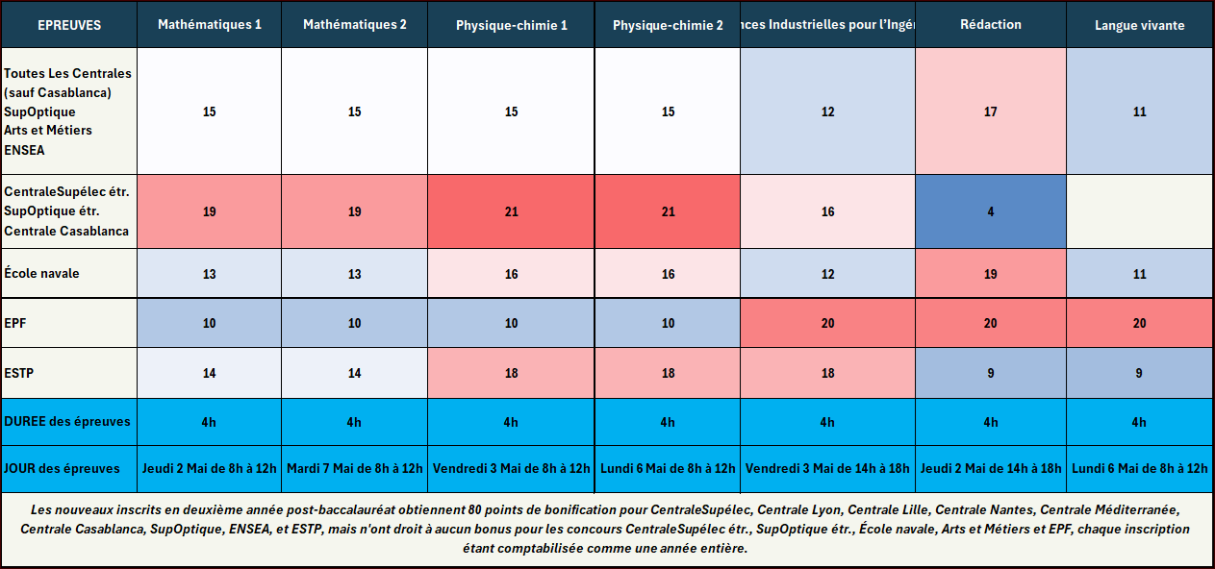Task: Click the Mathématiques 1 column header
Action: coord(210,24)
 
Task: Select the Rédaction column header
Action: coord(990,24)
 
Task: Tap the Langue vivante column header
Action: coord(1139,25)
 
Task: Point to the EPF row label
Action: coord(16,324)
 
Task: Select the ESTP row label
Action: coord(19,373)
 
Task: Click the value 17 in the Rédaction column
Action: coord(991,111)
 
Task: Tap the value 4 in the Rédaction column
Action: coord(991,211)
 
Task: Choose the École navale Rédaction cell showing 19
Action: coord(991,274)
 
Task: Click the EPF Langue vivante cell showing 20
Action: coord(1139,324)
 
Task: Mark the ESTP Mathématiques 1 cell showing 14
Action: coord(210,373)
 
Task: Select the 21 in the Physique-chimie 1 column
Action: coord(511,211)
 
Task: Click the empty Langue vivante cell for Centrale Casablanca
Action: coord(1139,211)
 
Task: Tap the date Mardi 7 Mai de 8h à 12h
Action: coord(354,468)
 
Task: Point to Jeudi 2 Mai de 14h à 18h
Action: coord(991,468)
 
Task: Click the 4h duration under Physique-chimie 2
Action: coord(668,422)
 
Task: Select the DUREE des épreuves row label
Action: coord(67,421)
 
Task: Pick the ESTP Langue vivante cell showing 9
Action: coord(1139,373)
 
